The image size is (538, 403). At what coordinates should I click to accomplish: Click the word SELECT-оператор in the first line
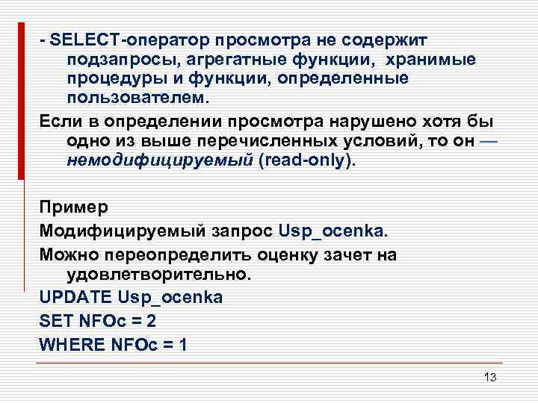(125, 38)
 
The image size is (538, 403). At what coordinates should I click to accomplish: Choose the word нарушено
(333, 122)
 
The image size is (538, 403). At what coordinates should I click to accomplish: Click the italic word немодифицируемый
(159, 162)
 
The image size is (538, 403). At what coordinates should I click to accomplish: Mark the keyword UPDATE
(75, 297)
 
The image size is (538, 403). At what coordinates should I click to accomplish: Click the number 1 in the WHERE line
(183, 346)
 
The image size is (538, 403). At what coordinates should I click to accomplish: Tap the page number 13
(489, 377)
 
